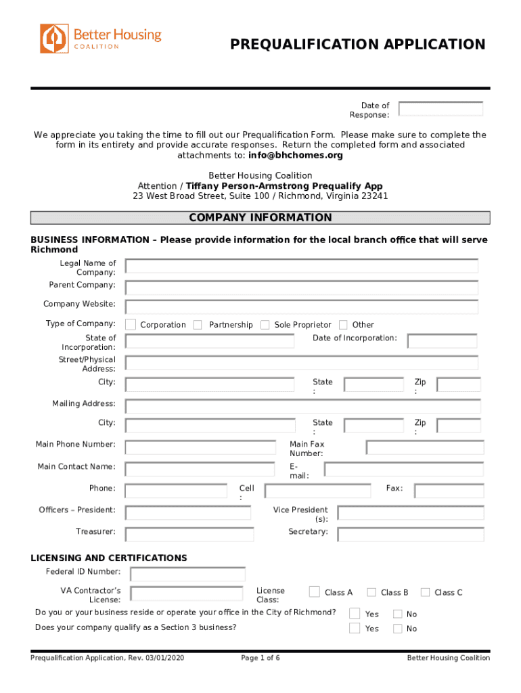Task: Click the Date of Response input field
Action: tap(440, 109)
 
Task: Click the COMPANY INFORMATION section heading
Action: tap(260, 218)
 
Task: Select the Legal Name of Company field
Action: tap(301, 266)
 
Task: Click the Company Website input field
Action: tap(301, 307)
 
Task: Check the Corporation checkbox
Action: tap(131, 325)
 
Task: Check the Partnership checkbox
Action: tap(198, 325)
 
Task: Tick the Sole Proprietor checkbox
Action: tap(265, 325)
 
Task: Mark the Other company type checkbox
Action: tap(343, 325)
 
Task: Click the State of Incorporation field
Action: tap(210, 340)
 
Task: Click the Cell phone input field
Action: tap(317, 491)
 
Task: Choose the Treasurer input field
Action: tap(189, 535)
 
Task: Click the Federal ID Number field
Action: tap(187, 575)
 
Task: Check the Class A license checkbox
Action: tap(315, 592)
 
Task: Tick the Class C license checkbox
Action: tap(425, 592)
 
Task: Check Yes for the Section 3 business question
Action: tap(355, 628)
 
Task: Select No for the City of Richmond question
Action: tap(398, 614)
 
